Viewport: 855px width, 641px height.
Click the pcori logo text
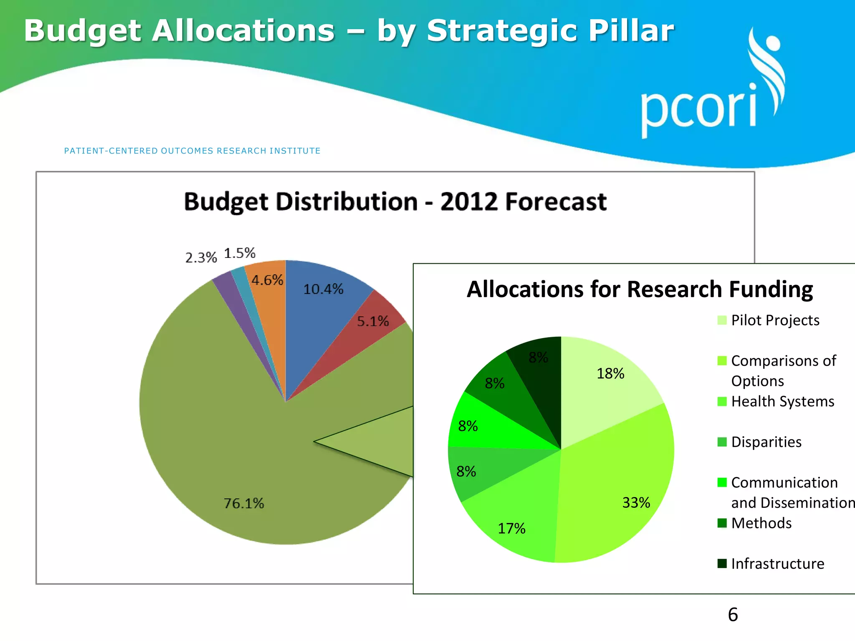pos(698,109)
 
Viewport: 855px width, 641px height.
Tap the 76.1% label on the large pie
pos(244,503)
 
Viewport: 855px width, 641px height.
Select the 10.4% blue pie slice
pos(324,300)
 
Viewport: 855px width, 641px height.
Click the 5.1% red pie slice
pos(367,330)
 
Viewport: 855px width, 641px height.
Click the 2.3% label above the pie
pos(201,257)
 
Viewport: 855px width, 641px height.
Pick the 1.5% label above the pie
pos(240,253)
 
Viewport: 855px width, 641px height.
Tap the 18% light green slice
pos(605,384)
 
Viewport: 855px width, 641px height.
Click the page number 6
pos(733,614)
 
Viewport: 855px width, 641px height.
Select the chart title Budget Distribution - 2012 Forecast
pos(395,202)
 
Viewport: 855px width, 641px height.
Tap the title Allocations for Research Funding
pos(640,289)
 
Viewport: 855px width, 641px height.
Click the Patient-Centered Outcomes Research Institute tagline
pos(192,151)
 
